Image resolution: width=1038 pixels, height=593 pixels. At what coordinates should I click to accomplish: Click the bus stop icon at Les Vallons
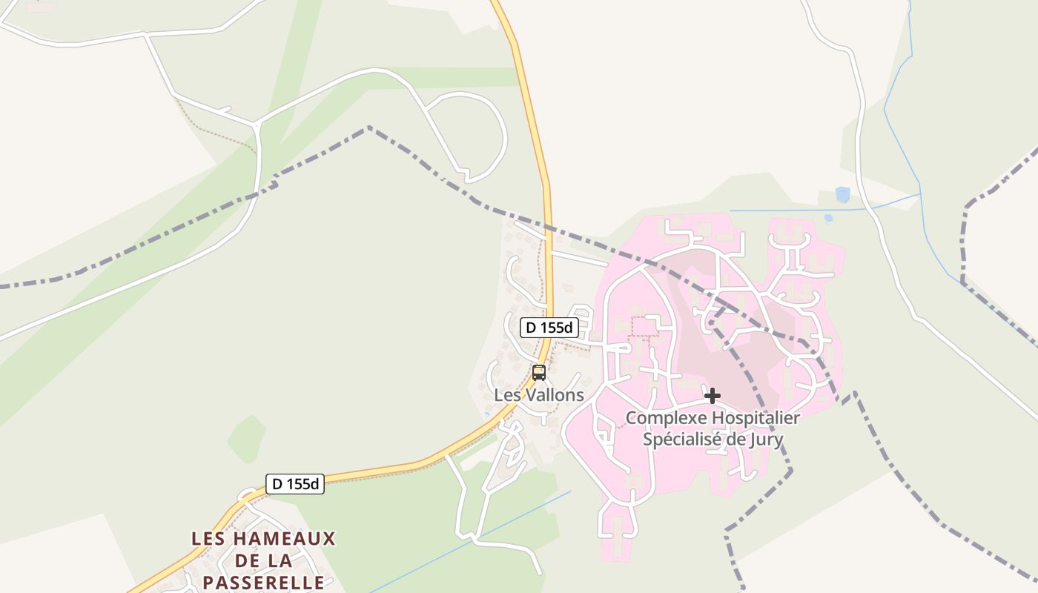pyautogui.click(x=539, y=373)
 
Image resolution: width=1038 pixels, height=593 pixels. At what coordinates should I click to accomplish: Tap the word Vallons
pyautogui.click(x=554, y=395)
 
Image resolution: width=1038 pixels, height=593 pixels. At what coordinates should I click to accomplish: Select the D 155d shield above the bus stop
pyautogui.click(x=549, y=327)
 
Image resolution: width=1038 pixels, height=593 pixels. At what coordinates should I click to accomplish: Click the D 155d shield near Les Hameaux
pyautogui.click(x=295, y=484)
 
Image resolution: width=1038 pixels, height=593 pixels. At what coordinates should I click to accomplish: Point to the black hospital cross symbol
pyautogui.click(x=713, y=396)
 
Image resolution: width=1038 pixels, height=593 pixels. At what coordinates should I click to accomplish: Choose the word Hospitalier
pyautogui.click(x=756, y=418)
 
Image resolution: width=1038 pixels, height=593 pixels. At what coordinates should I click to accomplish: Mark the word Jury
pyautogui.click(x=767, y=440)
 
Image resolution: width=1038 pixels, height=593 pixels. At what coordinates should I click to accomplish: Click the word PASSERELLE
pyautogui.click(x=263, y=582)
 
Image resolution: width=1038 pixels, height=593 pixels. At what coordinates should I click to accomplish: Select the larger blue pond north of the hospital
pyautogui.click(x=842, y=194)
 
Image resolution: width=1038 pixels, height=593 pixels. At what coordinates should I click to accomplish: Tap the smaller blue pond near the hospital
pyautogui.click(x=828, y=218)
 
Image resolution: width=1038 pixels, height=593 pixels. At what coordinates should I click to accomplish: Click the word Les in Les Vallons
pyautogui.click(x=506, y=395)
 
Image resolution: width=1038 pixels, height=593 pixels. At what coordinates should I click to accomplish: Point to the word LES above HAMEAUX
pyautogui.click(x=208, y=539)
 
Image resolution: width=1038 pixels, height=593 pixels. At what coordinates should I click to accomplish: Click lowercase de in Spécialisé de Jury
pyautogui.click(x=730, y=440)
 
